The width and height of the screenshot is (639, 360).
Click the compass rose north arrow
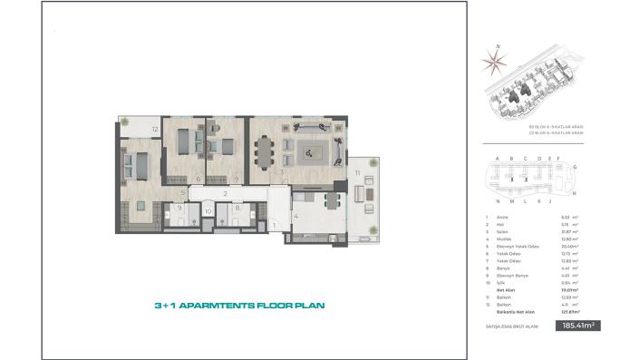point(496,60)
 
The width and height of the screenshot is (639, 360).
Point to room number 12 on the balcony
point(155,130)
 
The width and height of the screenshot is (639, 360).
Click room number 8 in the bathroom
point(237,209)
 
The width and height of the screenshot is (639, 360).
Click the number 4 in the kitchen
point(295,216)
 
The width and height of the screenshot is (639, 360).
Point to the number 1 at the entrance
point(274,224)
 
